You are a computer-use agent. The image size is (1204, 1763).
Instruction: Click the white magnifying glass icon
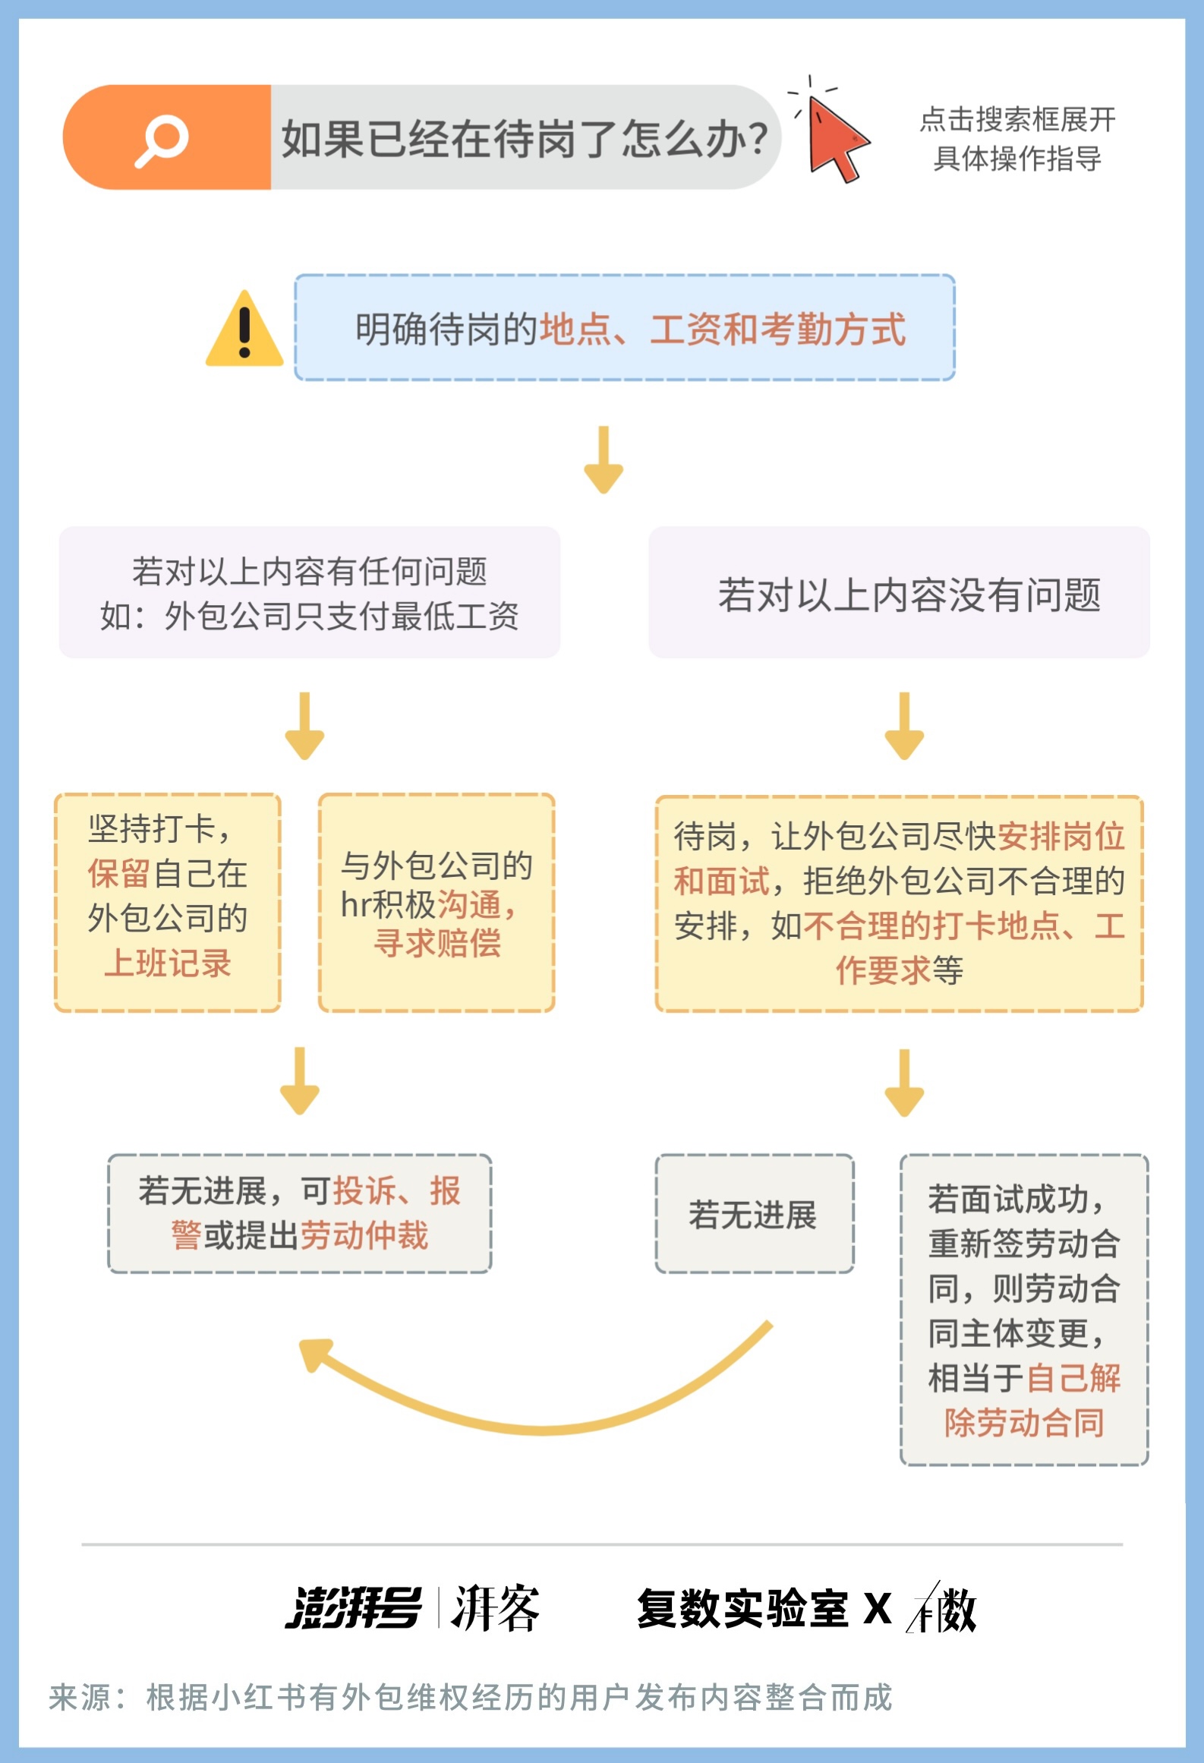click(x=162, y=140)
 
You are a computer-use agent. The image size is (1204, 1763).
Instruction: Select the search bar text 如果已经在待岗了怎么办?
click(x=525, y=139)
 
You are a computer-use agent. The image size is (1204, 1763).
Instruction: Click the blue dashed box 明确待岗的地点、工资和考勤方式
click(x=625, y=327)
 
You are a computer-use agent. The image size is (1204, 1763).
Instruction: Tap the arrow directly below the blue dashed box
click(x=604, y=459)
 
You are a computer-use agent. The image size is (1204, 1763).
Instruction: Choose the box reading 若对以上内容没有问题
click(x=899, y=592)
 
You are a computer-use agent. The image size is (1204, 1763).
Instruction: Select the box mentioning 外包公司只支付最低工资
click(x=310, y=592)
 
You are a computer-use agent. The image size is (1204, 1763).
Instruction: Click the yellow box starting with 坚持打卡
click(x=168, y=903)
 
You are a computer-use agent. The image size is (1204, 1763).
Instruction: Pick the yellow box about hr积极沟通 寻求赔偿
click(x=437, y=903)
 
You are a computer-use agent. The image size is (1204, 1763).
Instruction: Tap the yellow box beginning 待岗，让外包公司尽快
click(x=900, y=904)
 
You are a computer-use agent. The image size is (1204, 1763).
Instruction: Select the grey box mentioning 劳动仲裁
click(x=300, y=1213)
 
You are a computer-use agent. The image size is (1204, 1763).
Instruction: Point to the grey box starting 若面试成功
click(x=1024, y=1310)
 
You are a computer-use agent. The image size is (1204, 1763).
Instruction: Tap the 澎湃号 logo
click(x=353, y=1607)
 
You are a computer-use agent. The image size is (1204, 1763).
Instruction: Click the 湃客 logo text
click(x=495, y=1607)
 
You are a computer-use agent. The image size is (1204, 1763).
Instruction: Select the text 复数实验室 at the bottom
click(x=742, y=1608)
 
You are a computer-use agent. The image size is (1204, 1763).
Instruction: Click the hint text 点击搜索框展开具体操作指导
click(x=1017, y=139)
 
